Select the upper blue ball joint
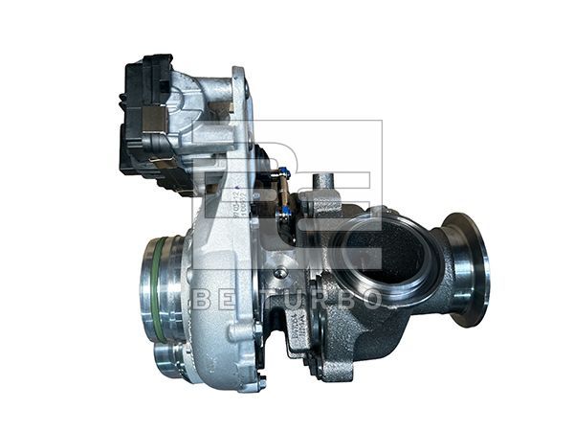click(282, 174)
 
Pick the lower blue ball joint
click(284, 209)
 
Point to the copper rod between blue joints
click(283, 192)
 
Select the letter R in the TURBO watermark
click(318, 299)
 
